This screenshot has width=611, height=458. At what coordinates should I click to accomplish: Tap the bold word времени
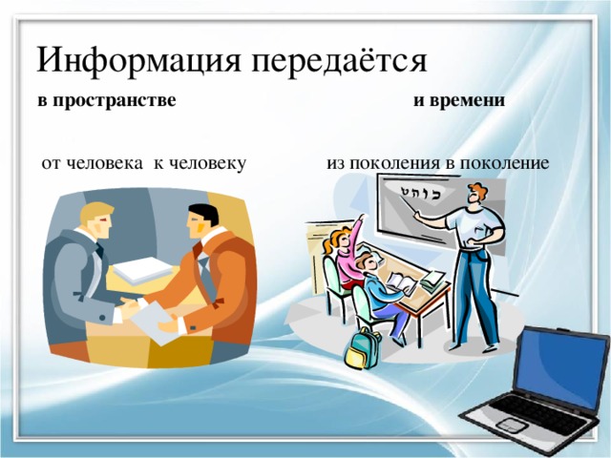click(466, 100)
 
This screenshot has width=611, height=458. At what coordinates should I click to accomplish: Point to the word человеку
click(200, 163)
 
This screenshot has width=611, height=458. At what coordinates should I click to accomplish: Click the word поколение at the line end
click(502, 163)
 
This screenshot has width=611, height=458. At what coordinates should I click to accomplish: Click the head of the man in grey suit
click(96, 222)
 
